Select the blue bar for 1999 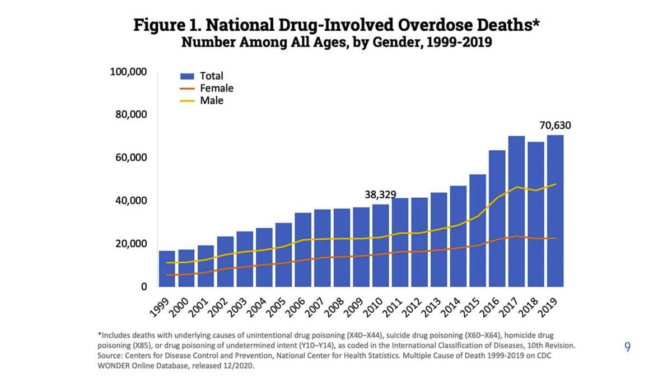point(167,269)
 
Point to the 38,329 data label point(380,195)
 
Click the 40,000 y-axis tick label point(130,201)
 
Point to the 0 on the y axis point(143,286)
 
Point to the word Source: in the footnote point(110,355)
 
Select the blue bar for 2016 point(497,219)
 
